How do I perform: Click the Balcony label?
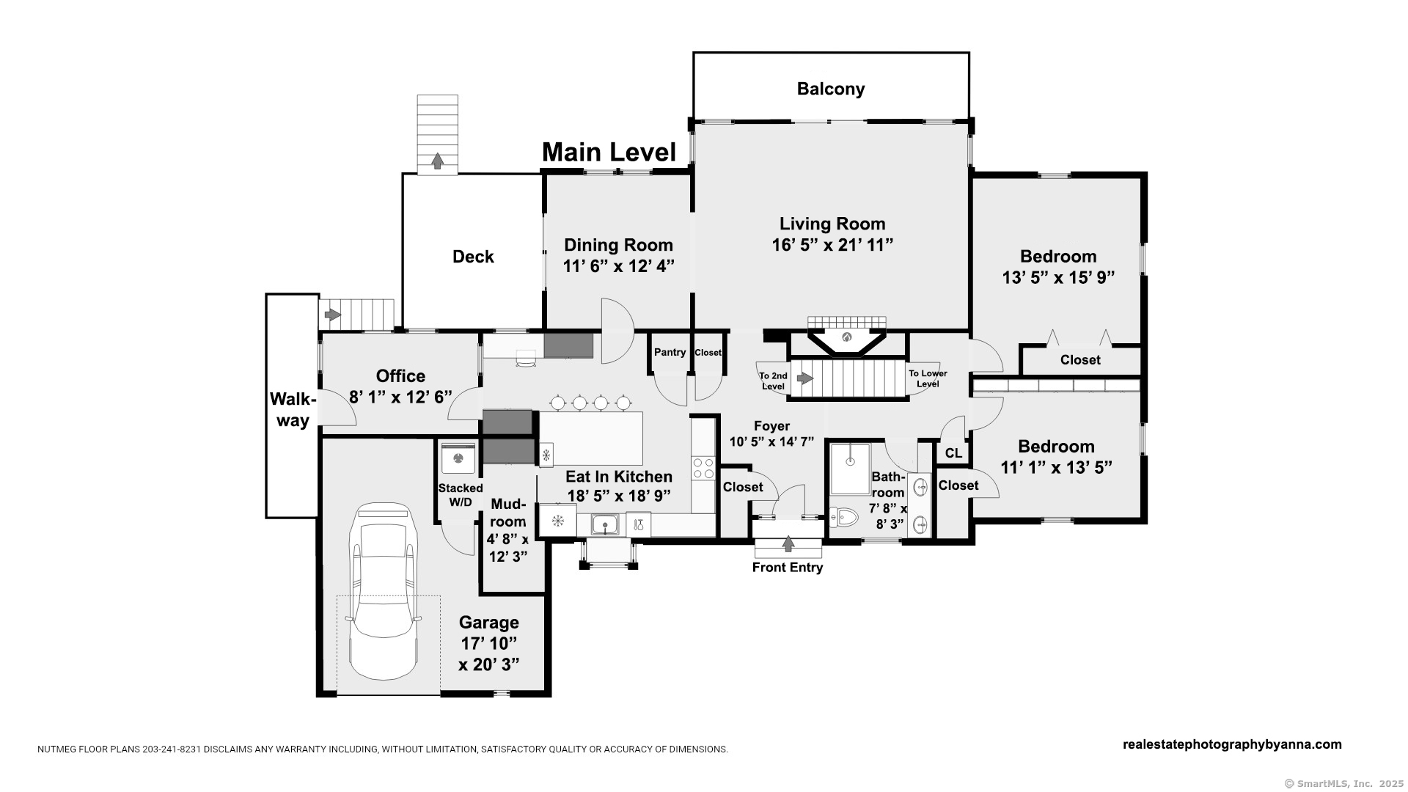point(831,89)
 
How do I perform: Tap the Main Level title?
point(609,153)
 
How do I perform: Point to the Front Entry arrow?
point(788,543)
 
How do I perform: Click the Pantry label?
point(670,352)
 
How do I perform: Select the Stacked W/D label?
point(461,495)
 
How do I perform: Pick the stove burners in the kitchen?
point(703,469)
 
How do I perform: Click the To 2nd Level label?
point(773,381)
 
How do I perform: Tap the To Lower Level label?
point(928,378)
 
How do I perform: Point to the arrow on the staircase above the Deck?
point(438,161)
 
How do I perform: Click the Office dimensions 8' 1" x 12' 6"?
point(400,397)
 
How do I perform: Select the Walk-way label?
point(293,410)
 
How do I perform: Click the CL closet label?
point(953,453)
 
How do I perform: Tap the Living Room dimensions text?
point(832,245)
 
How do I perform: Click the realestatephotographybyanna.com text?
point(1232,744)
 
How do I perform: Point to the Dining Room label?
point(618,245)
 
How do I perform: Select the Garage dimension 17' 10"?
point(489,643)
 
